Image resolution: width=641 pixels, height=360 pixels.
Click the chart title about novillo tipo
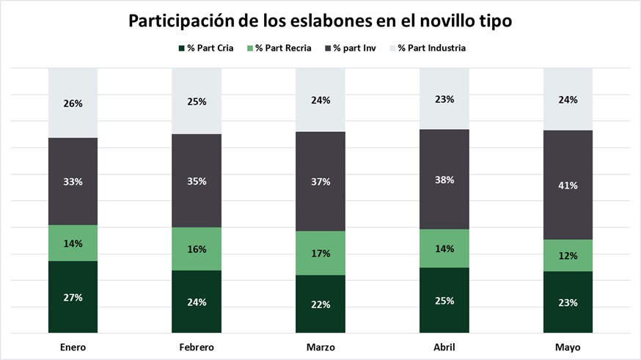point(320,21)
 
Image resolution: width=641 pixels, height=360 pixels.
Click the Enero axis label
point(73,346)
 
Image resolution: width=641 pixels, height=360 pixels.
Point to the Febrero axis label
point(197,346)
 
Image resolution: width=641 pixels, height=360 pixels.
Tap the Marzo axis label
point(320,346)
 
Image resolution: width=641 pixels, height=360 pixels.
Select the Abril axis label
point(444,346)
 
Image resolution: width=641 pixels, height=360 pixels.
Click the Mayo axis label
point(568,346)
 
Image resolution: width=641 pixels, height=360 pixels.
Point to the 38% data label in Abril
point(444,180)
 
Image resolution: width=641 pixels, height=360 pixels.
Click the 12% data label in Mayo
point(568,256)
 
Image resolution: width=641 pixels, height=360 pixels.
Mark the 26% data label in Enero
point(73,103)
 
